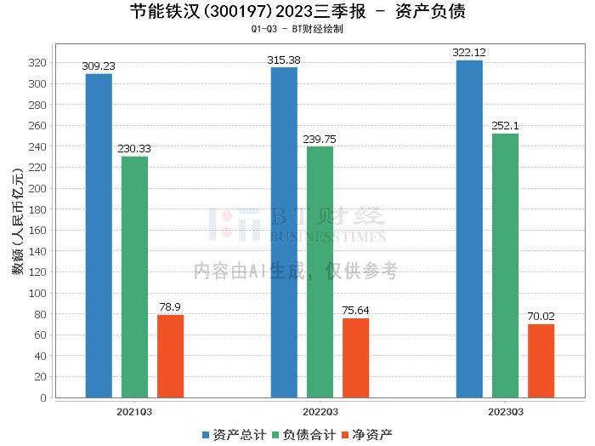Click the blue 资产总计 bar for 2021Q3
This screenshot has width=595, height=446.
pos(99,236)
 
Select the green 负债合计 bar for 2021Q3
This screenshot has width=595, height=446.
pos(134,277)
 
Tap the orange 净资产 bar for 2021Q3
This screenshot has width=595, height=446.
pos(170,356)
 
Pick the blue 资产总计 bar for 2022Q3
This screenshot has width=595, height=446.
pos(284,232)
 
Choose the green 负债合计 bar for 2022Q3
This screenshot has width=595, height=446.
pos(320,272)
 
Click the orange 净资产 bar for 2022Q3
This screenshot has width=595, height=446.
pos(355,357)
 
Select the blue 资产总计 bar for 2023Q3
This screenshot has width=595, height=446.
pos(469,229)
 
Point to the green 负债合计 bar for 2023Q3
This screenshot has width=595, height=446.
pos(505,266)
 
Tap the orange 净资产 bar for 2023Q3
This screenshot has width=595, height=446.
pos(541,361)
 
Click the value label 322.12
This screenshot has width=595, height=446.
pos(469,53)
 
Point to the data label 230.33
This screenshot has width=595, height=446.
pos(134,149)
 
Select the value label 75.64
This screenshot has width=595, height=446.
pos(355,311)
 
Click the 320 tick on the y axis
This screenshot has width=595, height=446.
pos(37,63)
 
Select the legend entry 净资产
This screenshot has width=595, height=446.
pos(367,434)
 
